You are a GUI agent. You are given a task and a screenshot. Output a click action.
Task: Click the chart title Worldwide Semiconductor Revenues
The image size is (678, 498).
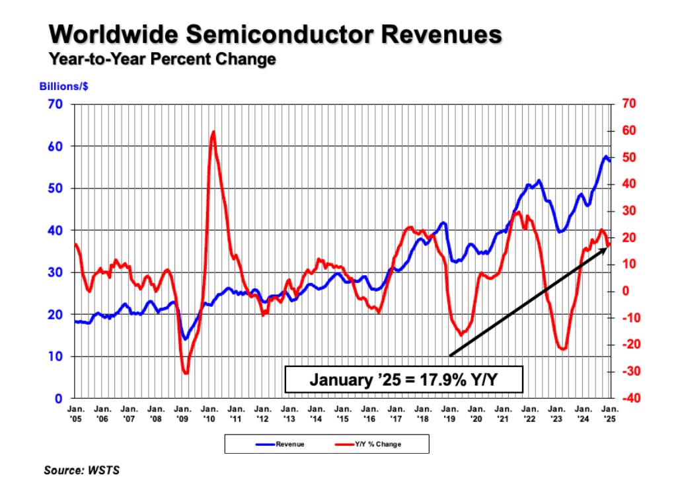[x=275, y=34]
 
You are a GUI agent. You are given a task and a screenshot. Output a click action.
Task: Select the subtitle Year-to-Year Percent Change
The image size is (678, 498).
[x=162, y=59]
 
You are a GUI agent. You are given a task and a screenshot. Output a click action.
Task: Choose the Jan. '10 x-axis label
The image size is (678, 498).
[x=209, y=414]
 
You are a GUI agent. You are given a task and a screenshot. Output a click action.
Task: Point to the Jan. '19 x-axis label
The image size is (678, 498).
[x=450, y=414]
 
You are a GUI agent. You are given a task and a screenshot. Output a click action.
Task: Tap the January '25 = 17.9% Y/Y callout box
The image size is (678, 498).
[x=404, y=380]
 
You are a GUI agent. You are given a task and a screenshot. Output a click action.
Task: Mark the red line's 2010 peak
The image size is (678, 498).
[x=213, y=132]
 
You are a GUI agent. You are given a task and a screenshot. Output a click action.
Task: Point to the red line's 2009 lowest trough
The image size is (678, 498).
[x=186, y=374]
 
